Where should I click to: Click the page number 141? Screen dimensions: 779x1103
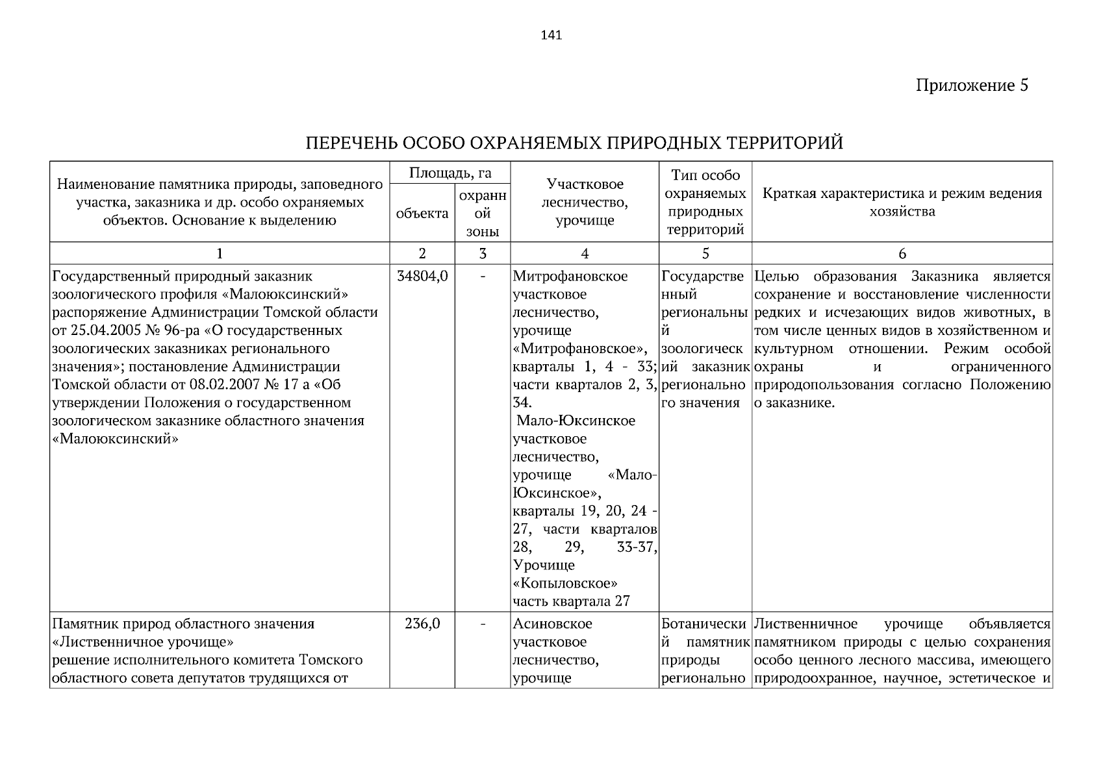(551, 35)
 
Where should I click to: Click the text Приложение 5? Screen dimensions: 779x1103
(971, 86)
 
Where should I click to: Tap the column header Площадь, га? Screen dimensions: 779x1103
(450, 173)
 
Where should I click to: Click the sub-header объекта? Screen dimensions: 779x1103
(422, 214)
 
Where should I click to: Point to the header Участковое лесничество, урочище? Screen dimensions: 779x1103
(585, 202)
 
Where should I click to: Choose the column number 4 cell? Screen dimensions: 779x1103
(585, 254)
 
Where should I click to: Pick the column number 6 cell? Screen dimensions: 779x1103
(902, 254)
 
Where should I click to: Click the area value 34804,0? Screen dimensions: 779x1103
(422, 277)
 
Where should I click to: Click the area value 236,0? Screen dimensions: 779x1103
(422, 624)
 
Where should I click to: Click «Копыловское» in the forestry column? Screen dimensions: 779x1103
(564, 583)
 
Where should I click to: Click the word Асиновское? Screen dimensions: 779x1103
(552, 624)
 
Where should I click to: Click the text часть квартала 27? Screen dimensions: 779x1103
(571, 601)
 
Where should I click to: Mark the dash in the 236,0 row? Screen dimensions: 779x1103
(482, 624)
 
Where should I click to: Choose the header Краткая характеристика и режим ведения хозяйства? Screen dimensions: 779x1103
(902, 202)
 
